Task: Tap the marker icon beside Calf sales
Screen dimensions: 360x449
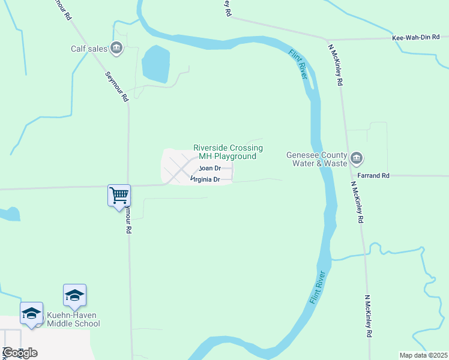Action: tap(117, 48)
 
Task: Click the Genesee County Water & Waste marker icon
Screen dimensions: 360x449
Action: tap(357, 158)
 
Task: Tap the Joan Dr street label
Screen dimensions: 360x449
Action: tap(209, 169)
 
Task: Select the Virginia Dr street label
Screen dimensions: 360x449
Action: tap(206, 179)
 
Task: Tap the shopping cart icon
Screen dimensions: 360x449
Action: tap(119, 194)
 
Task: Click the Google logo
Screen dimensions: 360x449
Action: tap(20, 353)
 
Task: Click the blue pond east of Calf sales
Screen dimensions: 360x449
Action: tap(155, 64)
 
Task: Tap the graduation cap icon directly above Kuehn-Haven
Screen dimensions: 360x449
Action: tap(74, 295)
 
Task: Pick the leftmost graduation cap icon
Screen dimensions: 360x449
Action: tap(31, 313)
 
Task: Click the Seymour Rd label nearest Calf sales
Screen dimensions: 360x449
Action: tap(116, 86)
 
